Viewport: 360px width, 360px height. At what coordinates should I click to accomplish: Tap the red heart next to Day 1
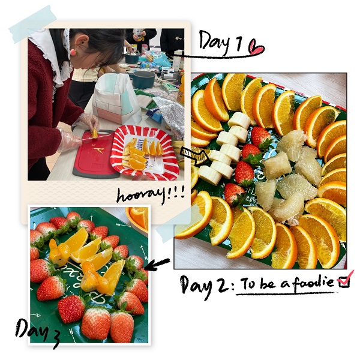tap(256, 47)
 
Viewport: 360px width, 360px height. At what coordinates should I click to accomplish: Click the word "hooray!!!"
tap(151, 194)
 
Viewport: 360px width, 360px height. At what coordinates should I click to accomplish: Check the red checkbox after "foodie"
tap(345, 280)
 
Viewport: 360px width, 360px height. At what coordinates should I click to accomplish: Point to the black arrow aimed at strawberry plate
tap(157, 264)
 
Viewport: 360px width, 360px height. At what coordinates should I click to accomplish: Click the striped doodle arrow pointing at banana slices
tap(194, 155)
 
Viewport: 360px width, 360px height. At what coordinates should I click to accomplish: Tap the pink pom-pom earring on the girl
tap(74, 51)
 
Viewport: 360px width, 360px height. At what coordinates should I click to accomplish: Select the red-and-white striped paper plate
tap(145, 152)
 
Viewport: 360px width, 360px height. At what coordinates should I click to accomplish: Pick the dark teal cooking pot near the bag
tap(143, 79)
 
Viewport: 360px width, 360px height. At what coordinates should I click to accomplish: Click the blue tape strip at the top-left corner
tap(33, 24)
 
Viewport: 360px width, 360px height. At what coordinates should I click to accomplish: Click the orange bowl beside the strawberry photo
tap(137, 218)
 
